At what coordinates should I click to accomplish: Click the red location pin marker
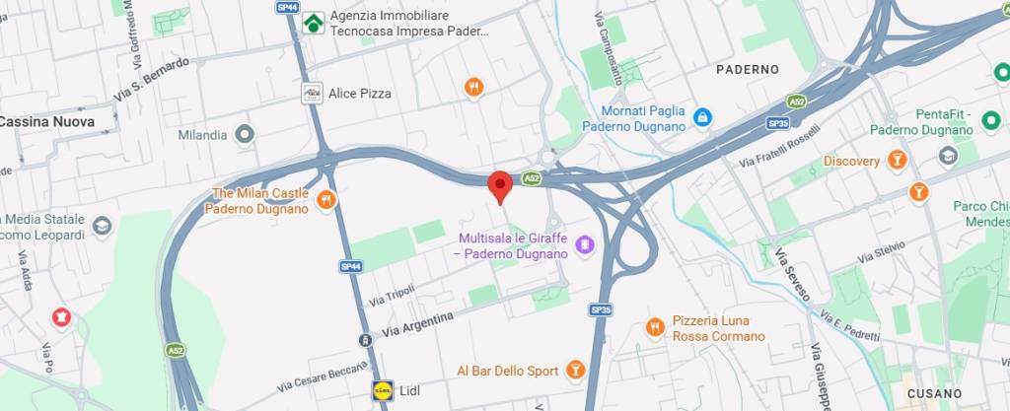point(500,185)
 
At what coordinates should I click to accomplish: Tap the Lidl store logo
point(382,390)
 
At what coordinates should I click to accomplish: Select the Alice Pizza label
point(361,94)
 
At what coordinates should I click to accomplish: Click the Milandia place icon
point(245,134)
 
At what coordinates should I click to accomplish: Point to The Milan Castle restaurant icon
point(326,201)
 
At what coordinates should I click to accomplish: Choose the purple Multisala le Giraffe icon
point(584,242)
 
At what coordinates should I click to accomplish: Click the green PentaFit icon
point(990,120)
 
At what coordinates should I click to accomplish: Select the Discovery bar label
point(851,161)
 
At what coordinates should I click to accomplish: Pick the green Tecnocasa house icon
point(314,23)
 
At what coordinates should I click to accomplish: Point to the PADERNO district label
point(747,70)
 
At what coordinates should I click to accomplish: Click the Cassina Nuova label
point(47,122)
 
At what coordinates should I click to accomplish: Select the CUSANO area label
point(933,393)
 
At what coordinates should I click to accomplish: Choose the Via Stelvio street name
point(881,251)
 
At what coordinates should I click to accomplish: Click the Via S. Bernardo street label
point(151,79)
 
